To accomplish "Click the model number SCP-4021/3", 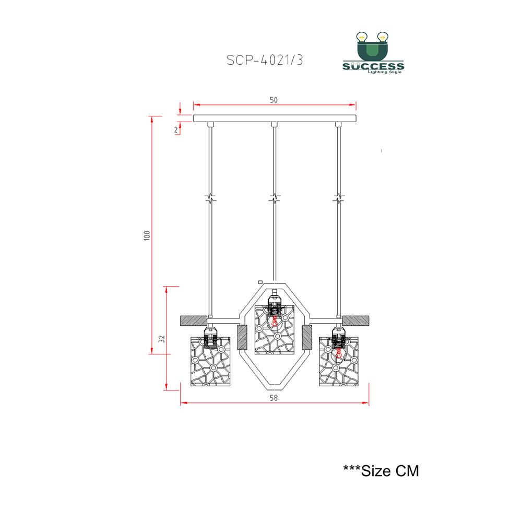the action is click(265, 60).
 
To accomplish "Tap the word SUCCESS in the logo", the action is click(373, 66).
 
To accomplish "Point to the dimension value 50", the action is click(274, 100).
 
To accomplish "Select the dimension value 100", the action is click(147, 235).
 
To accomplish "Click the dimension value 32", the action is click(162, 339).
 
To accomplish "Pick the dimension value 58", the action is click(274, 397).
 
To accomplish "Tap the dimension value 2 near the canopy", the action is click(176, 130).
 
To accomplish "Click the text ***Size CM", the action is click(381, 471).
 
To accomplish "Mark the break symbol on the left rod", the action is click(210, 199).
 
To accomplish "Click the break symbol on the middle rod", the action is click(275, 199).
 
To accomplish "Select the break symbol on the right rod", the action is click(339, 199).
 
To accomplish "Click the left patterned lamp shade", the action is click(210, 362).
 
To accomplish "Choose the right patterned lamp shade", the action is click(339, 362).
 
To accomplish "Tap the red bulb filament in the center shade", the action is click(275, 321).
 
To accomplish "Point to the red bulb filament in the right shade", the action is click(339, 353).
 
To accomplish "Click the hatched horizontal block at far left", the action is click(193, 321).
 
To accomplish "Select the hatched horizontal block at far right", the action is click(355, 321).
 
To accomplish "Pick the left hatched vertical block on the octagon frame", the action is click(242, 337).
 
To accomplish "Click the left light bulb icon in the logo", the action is click(362, 37).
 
